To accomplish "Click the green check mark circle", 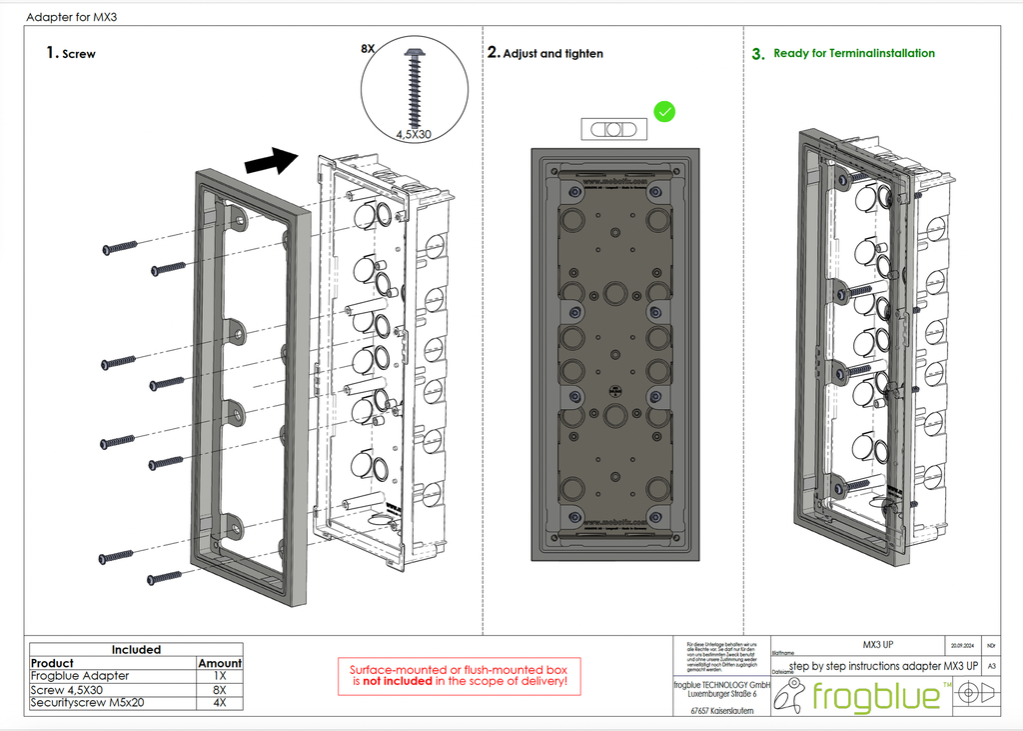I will pos(664,111).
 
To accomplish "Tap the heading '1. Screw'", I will pos(71,54).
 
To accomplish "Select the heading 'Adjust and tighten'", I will pos(552,54).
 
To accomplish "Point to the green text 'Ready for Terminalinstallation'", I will pos(854,54).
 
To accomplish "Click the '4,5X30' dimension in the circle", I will pos(413,132).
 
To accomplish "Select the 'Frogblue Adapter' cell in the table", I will pos(80,676).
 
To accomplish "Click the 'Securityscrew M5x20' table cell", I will pos(88,702).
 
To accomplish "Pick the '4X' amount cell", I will pos(220,702).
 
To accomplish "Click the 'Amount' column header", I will pos(220,663).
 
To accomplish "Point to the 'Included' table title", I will pos(136,650).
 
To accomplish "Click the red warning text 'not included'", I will pos(396,681).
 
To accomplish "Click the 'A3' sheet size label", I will pos(991,665).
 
